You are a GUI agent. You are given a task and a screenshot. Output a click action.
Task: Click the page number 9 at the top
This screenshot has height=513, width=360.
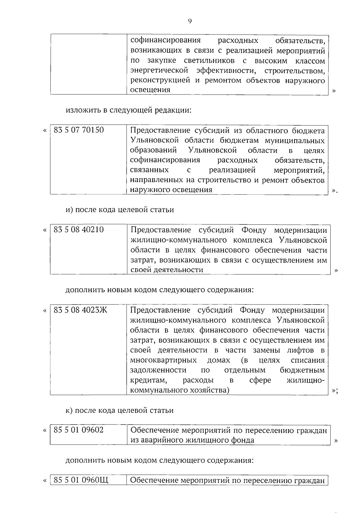tap(190, 21)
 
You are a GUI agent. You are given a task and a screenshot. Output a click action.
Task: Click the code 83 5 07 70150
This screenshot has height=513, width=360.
tap(79, 130)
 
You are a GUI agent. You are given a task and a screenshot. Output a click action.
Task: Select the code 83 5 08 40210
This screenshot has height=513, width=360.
tap(79, 229)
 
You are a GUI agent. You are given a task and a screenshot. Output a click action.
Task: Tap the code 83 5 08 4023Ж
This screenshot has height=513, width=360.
tap(80, 310)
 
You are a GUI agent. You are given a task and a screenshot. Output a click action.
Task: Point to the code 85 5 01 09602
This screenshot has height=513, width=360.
tap(79, 430)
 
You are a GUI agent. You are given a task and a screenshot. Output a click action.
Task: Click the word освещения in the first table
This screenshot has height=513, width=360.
tap(150, 90)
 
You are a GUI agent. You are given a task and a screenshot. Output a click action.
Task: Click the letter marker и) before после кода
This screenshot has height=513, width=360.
tap(70, 210)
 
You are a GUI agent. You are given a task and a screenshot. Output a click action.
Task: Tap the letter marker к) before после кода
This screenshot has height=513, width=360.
tap(69, 410)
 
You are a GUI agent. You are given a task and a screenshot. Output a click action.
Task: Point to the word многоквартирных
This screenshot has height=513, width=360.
tap(163, 360)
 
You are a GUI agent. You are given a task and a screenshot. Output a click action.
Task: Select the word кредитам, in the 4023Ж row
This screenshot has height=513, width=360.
tap(148, 380)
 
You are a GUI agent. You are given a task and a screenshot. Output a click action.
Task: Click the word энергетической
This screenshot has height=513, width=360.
tap(160, 70)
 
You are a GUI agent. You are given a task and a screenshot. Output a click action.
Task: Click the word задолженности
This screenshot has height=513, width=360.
tap(158, 370)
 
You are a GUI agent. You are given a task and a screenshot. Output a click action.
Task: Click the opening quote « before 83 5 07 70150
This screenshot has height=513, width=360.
tap(45, 130)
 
